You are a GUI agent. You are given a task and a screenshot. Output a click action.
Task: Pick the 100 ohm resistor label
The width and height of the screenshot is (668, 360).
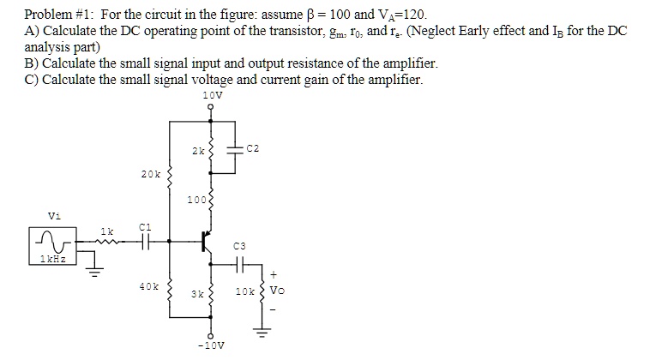(x=197, y=201)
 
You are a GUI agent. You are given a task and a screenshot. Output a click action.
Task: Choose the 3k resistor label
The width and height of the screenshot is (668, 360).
(x=198, y=293)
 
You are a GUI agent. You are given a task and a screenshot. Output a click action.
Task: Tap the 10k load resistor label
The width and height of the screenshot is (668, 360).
(x=245, y=292)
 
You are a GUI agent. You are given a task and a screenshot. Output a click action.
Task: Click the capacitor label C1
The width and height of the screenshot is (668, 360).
(x=145, y=226)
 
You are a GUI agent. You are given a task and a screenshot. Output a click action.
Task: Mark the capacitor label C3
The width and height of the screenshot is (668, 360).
(x=239, y=245)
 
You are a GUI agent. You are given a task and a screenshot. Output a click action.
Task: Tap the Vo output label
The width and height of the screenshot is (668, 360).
(x=276, y=291)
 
